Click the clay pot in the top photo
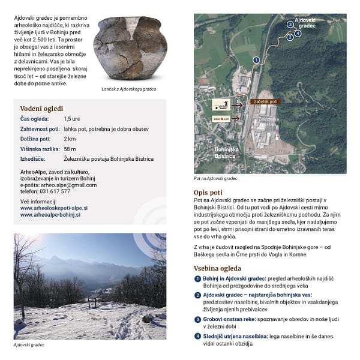point(130,49)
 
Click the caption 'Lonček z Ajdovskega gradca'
point(130,89)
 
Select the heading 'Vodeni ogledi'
point(41,109)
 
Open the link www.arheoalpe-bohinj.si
point(50,214)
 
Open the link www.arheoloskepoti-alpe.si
point(53,208)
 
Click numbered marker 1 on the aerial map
point(256,60)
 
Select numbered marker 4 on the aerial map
point(298,34)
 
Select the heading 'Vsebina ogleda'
point(217,268)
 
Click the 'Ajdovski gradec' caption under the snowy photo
point(29,345)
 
